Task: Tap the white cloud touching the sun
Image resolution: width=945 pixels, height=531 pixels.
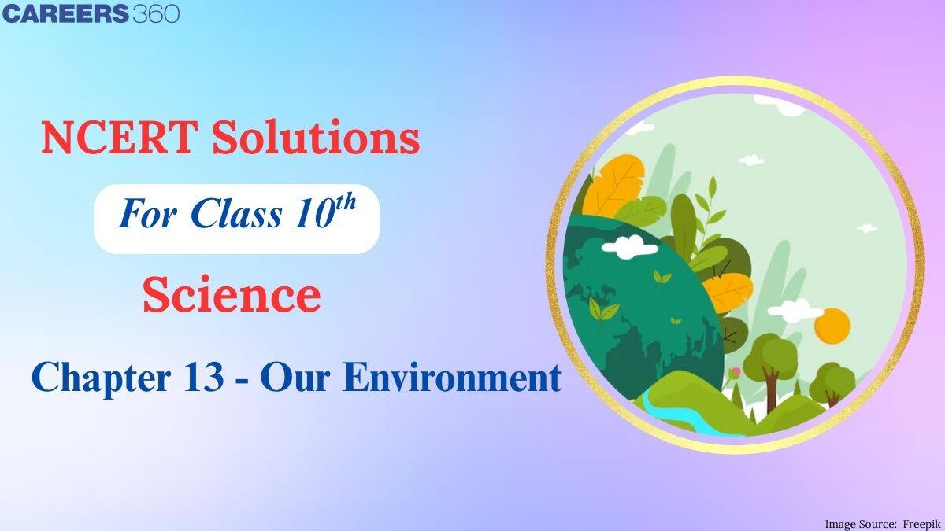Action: tap(795, 306)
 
